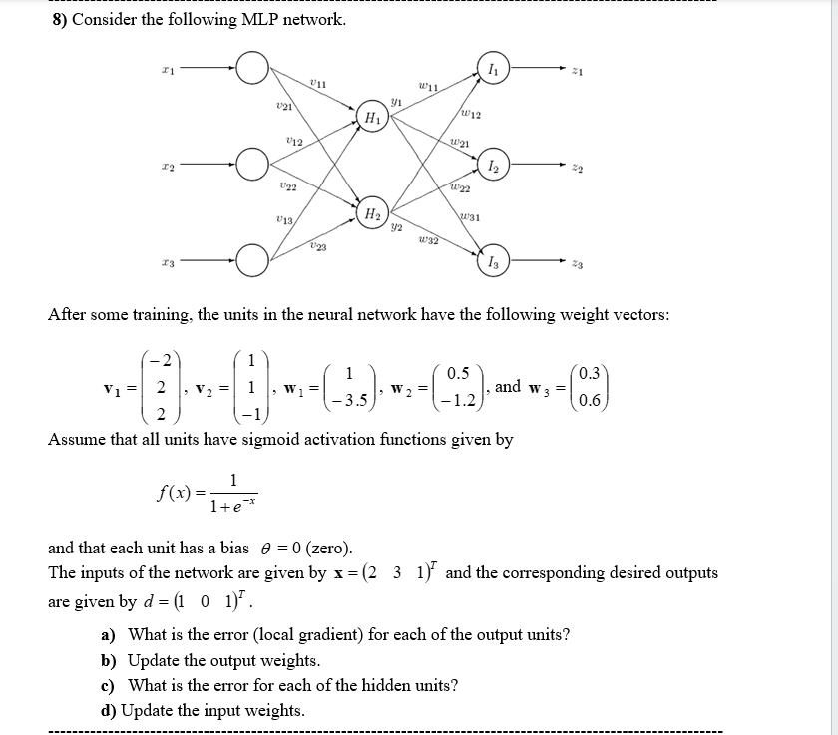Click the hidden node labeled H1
[x=373, y=118]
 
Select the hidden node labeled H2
[x=371, y=215]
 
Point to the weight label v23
[x=317, y=247]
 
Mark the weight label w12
[x=471, y=116]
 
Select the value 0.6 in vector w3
[x=590, y=401]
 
